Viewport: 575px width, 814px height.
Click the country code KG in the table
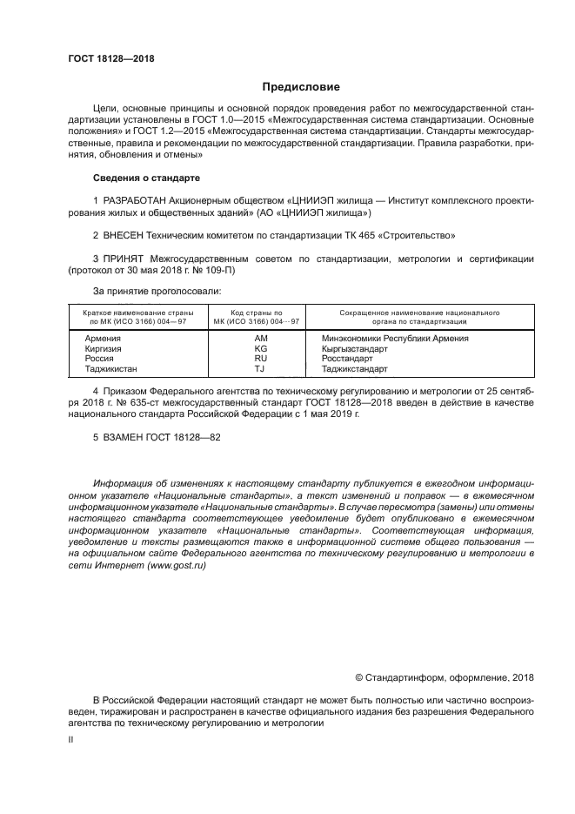pos(260,348)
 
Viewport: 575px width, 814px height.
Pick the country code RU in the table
pos(260,358)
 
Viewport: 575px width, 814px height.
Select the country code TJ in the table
pos(260,368)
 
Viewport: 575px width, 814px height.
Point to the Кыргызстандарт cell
pos(353,348)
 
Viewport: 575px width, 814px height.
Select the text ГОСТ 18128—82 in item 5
pos(183,437)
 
